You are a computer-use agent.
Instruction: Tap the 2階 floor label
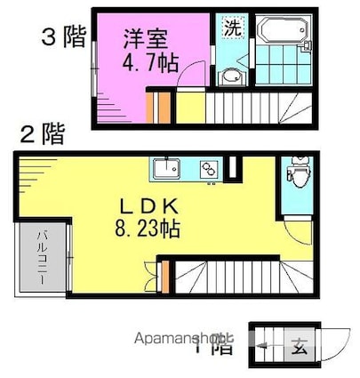[x=42, y=135]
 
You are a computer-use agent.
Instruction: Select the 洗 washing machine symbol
[x=232, y=28]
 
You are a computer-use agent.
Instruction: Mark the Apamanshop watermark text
[x=178, y=338]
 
